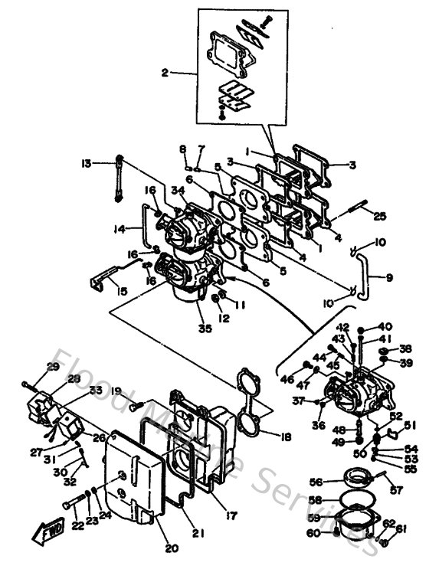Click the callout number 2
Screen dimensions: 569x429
point(164,74)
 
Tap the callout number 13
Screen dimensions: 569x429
point(87,162)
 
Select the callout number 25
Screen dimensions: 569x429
point(380,217)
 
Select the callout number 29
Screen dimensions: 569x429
point(53,368)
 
